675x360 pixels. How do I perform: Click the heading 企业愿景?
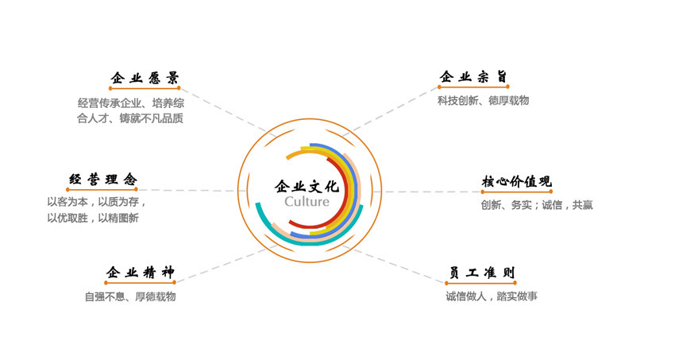point(144,77)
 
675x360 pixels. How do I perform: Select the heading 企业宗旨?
point(473,77)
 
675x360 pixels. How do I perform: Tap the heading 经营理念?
point(102,180)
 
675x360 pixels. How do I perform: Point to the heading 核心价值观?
point(516,182)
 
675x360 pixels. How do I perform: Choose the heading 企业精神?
point(140,273)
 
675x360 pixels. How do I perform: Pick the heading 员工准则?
point(480,273)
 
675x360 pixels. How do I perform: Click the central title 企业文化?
point(307,187)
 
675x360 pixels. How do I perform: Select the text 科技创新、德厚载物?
point(483,101)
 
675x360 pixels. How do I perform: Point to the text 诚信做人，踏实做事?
point(492,296)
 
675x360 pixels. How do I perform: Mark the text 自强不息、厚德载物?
point(130,296)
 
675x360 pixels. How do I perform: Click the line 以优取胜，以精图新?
point(93,218)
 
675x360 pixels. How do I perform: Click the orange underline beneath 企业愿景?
point(144,88)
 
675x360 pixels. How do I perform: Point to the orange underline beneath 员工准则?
point(480,283)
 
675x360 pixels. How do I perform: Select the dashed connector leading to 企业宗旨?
point(393,109)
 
